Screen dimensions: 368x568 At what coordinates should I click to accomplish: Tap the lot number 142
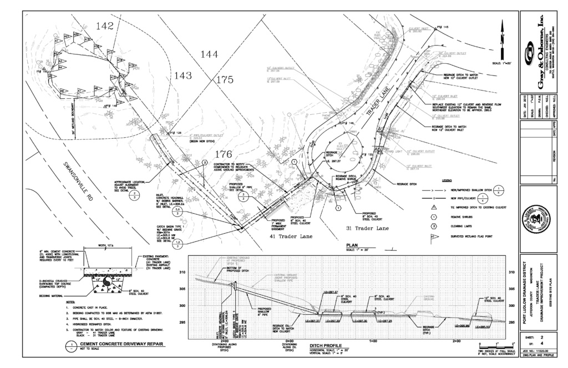105,26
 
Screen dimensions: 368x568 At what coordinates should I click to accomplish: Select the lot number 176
224,155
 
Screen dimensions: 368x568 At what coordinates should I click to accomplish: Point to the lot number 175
224,80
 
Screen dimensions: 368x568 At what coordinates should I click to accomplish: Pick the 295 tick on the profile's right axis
511,322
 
